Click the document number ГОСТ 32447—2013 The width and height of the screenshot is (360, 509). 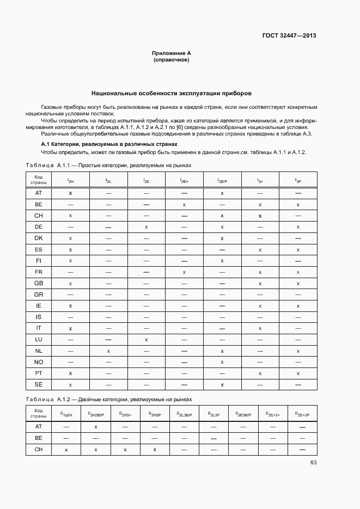click(x=289, y=35)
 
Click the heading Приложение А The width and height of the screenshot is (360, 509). click(x=171, y=53)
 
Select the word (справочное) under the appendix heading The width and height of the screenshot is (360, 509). click(x=171, y=60)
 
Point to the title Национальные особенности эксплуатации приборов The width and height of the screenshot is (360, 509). click(x=171, y=94)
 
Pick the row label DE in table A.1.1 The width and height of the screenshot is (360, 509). click(x=39, y=226)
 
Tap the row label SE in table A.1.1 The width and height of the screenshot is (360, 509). click(x=39, y=385)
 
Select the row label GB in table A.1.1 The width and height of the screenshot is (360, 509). click(x=39, y=283)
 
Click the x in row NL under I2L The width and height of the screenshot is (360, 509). click(x=108, y=351)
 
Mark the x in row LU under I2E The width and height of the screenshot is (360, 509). click(x=147, y=340)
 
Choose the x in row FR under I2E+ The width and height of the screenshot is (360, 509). click(x=184, y=272)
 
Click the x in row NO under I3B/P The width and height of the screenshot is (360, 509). click(x=222, y=362)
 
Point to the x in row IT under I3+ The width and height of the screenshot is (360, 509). click(x=260, y=328)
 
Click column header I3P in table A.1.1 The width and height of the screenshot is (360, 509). click(x=298, y=180)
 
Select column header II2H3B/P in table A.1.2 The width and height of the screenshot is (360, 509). click(x=96, y=413)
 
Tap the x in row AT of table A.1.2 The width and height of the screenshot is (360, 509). click(x=96, y=427)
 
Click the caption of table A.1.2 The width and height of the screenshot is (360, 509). click(x=109, y=399)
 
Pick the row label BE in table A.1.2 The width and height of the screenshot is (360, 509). click(x=39, y=438)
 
